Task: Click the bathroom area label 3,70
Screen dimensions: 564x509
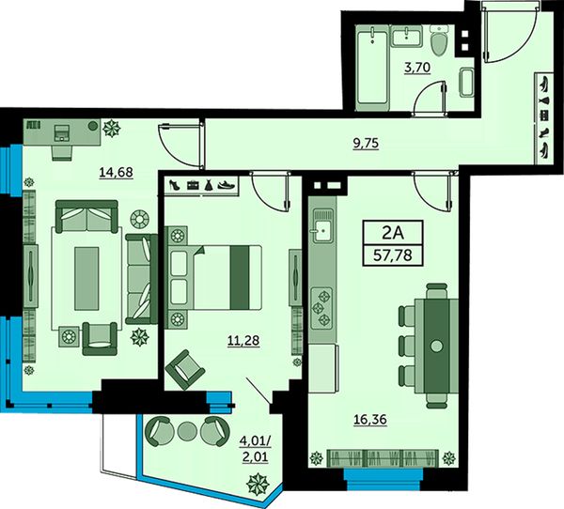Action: [417, 68]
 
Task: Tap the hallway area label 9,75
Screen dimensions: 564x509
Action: [366, 144]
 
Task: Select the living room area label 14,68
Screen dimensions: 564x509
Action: [116, 173]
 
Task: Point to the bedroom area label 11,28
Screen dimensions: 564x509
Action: [243, 340]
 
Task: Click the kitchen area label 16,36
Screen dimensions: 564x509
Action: [370, 420]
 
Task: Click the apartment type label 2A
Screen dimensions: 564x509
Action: [393, 234]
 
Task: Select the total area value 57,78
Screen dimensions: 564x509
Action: [393, 256]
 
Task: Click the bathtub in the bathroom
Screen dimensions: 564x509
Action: [372, 69]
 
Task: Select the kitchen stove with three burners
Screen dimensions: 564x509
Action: [322, 307]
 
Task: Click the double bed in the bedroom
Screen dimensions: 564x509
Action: [213, 277]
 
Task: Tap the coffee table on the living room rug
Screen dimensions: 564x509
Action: [86, 278]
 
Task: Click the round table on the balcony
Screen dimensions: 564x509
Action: [186, 431]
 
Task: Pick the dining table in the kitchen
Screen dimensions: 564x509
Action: [437, 346]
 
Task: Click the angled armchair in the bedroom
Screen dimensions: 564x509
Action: [185, 370]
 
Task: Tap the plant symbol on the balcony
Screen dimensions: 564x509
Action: [258, 484]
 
